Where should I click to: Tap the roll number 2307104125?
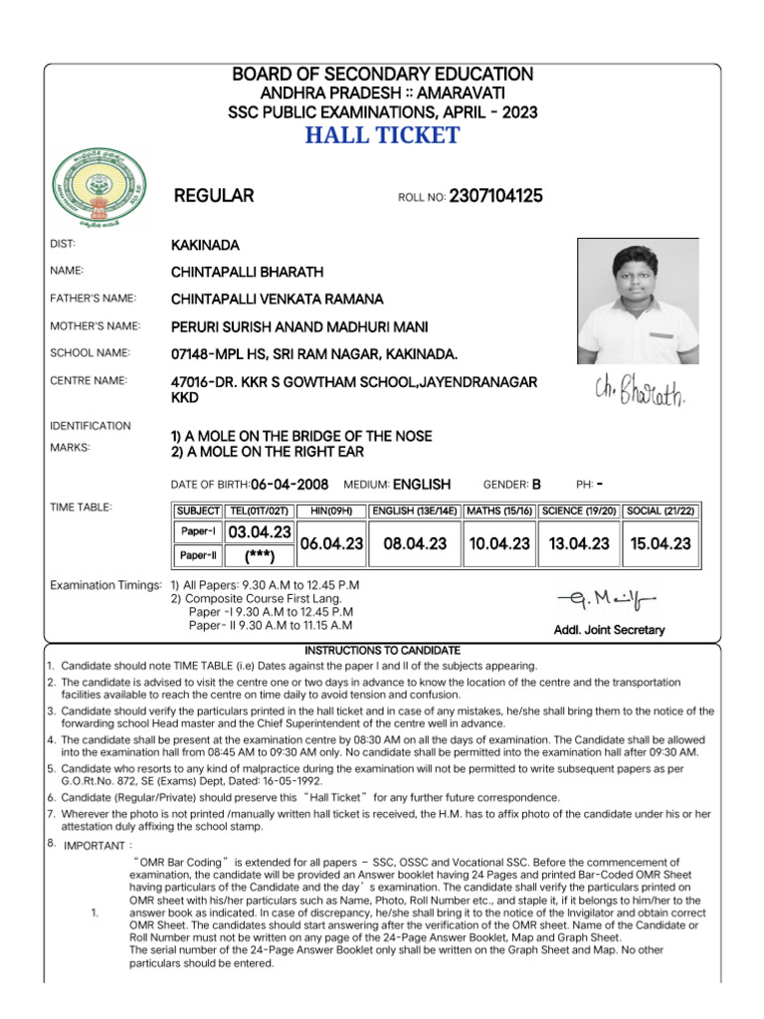[495, 196]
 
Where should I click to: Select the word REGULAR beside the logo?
[214, 196]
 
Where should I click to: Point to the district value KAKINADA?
[206, 245]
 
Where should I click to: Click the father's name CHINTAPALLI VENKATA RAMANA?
[277, 299]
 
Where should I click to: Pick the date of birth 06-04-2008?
[290, 485]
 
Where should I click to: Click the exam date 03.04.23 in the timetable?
[260, 533]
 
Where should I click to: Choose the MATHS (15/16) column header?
[500, 510]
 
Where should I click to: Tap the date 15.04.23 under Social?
[661, 544]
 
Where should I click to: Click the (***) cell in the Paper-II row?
[260, 556]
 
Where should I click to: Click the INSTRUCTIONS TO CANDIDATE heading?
[381, 650]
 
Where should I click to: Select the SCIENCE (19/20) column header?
[579, 510]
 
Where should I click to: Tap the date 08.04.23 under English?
[415, 544]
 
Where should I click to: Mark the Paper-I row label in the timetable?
[198, 532]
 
